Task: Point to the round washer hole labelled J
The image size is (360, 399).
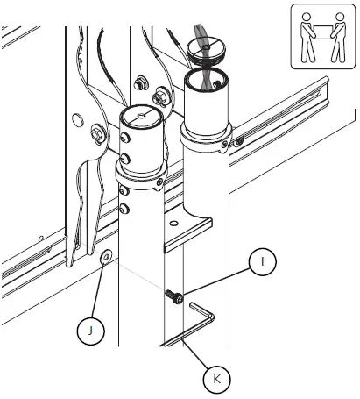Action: click(105, 256)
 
